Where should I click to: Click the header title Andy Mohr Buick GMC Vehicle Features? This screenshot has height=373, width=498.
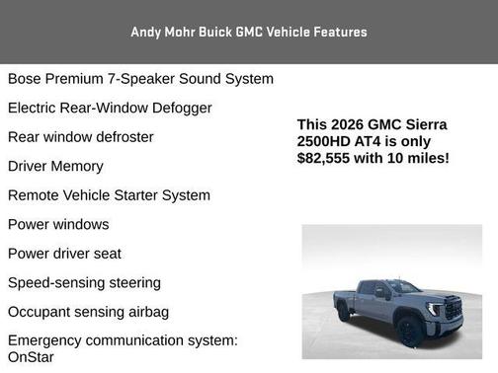click(249, 32)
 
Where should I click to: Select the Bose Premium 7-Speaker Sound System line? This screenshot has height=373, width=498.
click(140, 79)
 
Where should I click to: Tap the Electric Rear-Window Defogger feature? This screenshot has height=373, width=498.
click(110, 108)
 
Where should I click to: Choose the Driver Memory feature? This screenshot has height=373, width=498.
click(55, 166)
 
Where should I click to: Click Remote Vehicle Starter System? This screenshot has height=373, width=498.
click(109, 195)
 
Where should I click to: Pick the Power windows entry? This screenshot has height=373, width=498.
click(58, 224)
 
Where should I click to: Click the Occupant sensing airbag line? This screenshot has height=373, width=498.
click(88, 312)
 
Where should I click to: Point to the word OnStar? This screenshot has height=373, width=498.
click(31, 357)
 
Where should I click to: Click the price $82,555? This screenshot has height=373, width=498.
click(327, 158)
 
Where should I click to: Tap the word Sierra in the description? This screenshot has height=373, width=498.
click(427, 124)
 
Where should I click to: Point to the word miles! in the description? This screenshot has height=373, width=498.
click(428, 158)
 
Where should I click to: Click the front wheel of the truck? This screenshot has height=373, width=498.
click(408, 330)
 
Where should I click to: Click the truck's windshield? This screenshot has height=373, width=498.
click(403, 287)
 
